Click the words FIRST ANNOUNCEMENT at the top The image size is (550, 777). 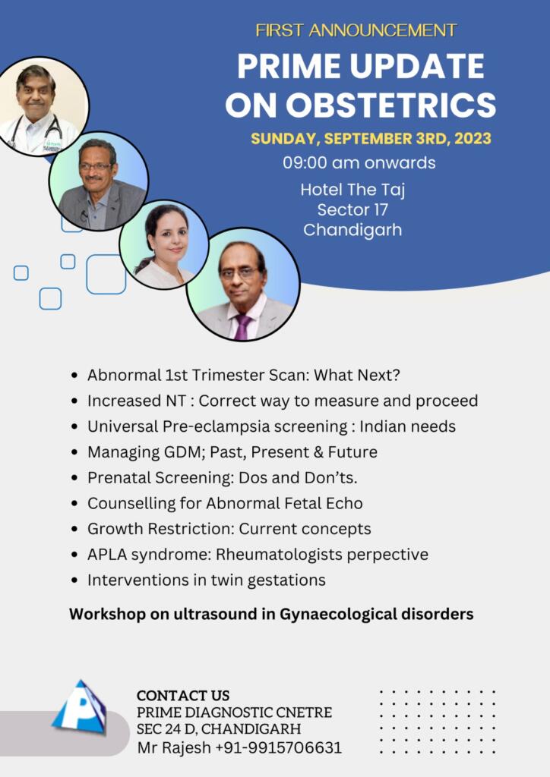point(356,30)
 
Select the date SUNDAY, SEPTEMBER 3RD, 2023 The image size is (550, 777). point(371,138)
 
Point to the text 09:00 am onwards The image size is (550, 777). point(359,162)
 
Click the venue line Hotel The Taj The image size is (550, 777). point(352,190)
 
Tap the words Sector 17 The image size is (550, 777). point(352,209)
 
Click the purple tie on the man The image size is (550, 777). point(242,326)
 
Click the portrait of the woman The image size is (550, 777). point(163,245)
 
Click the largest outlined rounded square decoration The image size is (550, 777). point(106,274)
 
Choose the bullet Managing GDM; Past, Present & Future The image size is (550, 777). point(232,452)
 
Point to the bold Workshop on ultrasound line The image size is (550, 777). point(271,614)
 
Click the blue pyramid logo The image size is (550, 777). point(79,706)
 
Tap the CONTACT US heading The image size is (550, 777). point(183,695)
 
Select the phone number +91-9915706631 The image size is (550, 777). point(278,747)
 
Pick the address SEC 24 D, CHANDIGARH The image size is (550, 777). point(219,729)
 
